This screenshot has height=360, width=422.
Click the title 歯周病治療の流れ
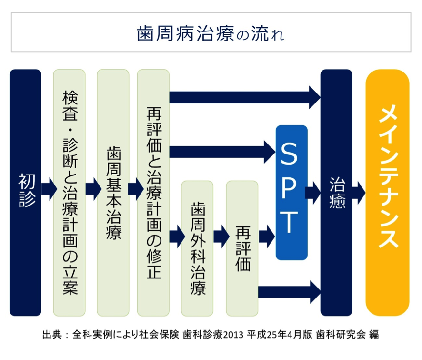point(210,33)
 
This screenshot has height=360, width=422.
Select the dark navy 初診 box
point(26,192)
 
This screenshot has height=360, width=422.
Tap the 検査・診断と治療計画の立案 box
point(70,192)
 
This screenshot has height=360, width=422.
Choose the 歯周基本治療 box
point(113,192)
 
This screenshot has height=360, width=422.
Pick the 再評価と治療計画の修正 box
point(153,192)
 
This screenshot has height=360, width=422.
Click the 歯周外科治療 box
point(197,248)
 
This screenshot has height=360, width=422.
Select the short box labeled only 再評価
point(242,248)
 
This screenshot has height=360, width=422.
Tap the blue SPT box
point(292,192)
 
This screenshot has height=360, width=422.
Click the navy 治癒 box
point(336,192)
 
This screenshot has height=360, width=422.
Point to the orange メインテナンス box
point(388,192)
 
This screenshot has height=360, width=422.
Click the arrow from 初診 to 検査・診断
point(49,189)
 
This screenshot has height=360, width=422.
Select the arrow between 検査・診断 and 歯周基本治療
point(93,189)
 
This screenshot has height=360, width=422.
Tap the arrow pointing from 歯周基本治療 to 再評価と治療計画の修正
point(136,189)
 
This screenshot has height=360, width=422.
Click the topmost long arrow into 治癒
point(245,97)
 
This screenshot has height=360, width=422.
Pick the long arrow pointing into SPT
point(222,152)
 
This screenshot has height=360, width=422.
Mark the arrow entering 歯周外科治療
point(177,237)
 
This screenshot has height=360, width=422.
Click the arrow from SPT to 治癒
point(313,193)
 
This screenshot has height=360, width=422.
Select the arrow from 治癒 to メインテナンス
point(358,193)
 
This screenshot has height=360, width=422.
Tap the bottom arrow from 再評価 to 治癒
point(289,292)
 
